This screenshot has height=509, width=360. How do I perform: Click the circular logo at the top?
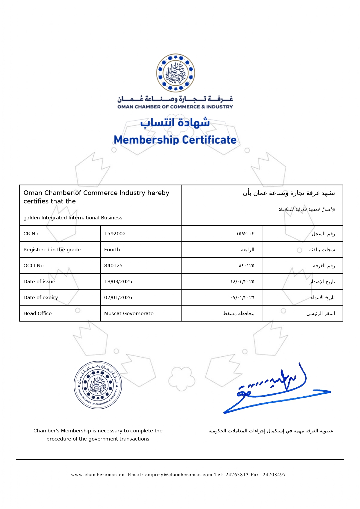click(x=176, y=73)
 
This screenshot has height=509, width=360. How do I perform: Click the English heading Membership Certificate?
click(x=175, y=140)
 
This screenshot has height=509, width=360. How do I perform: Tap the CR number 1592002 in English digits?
click(x=115, y=234)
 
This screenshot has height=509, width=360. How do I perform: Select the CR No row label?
click(x=31, y=234)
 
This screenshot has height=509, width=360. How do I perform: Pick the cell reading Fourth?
click(x=112, y=250)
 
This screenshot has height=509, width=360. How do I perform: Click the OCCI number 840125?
click(x=113, y=266)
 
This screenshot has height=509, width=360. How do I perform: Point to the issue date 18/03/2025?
click(x=118, y=281)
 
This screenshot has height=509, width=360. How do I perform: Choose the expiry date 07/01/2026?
click(x=118, y=297)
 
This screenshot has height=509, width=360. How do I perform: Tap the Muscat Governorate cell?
click(x=129, y=313)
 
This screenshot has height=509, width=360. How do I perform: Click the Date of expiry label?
click(x=41, y=297)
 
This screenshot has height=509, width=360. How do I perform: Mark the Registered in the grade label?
click(x=52, y=250)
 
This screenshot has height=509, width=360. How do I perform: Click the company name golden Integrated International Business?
click(x=73, y=218)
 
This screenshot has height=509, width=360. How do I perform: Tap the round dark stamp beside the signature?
click(x=98, y=385)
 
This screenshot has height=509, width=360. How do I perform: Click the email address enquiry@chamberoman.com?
click(x=179, y=475)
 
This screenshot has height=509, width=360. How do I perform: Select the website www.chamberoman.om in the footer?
click(x=98, y=475)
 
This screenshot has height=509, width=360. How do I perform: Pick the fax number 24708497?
click(x=274, y=475)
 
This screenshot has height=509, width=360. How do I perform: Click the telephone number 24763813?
click(x=237, y=475)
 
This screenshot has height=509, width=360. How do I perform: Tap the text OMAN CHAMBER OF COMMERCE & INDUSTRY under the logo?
click(x=175, y=107)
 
